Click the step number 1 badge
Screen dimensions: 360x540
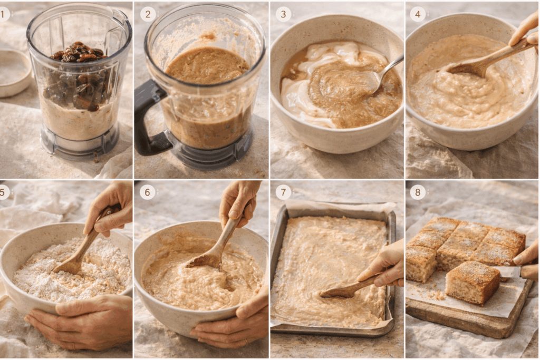(4, 14)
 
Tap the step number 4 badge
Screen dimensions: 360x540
(418, 14)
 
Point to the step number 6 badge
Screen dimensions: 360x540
(148, 192)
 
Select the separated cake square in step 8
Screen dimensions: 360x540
(471, 284)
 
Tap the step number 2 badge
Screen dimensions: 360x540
(148, 14)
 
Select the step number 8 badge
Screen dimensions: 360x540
(418, 192)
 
